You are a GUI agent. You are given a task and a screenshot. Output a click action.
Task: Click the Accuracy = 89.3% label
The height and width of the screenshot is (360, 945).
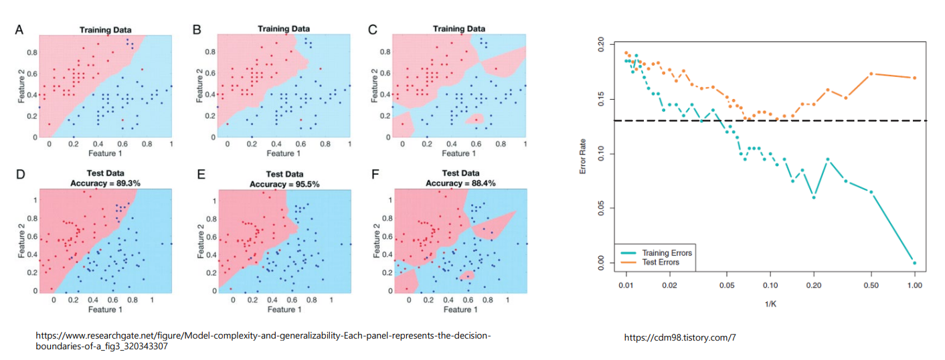tap(105, 183)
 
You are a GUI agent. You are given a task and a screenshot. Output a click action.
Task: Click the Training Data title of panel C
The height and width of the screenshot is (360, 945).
tap(458, 29)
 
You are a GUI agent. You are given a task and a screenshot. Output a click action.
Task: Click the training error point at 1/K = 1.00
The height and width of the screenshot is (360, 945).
tap(914, 262)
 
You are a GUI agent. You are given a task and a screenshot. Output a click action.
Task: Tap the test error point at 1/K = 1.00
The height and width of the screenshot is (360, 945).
tap(914, 78)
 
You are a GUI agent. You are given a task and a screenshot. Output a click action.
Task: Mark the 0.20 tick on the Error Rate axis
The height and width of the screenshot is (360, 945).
tap(600, 46)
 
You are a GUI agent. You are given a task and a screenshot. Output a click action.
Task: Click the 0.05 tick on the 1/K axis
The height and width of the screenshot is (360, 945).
tap(726, 284)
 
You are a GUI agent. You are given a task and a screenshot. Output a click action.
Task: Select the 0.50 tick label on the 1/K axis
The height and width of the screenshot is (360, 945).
tap(871, 284)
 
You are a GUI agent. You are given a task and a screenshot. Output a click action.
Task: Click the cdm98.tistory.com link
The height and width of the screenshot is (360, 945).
tap(679, 338)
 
